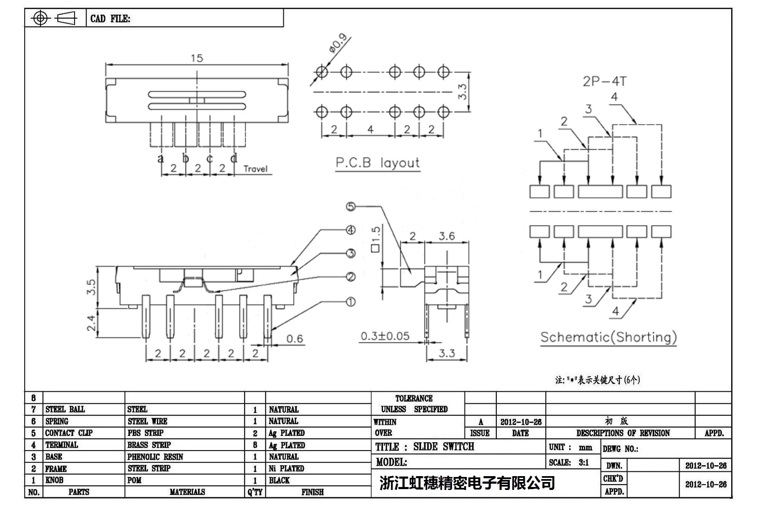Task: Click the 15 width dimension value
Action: click(x=197, y=58)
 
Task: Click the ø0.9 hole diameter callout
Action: click(x=338, y=43)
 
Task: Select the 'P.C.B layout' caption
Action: click(x=377, y=163)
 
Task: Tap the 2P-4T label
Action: click(x=604, y=81)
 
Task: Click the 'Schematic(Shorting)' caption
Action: click(x=608, y=337)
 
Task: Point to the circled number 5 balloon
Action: click(x=351, y=206)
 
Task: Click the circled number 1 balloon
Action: click(x=351, y=302)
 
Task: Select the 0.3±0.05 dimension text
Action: click(x=385, y=336)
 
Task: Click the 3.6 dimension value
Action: click(x=447, y=236)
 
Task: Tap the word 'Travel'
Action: click(x=255, y=169)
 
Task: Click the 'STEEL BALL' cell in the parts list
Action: click(x=65, y=409)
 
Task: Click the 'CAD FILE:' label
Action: click(x=110, y=19)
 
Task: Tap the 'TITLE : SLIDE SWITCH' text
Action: click(x=424, y=447)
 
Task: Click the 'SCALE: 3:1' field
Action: click(x=569, y=463)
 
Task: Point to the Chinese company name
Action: click(x=467, y=483)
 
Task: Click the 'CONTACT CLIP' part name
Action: click(x=69, y=433)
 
